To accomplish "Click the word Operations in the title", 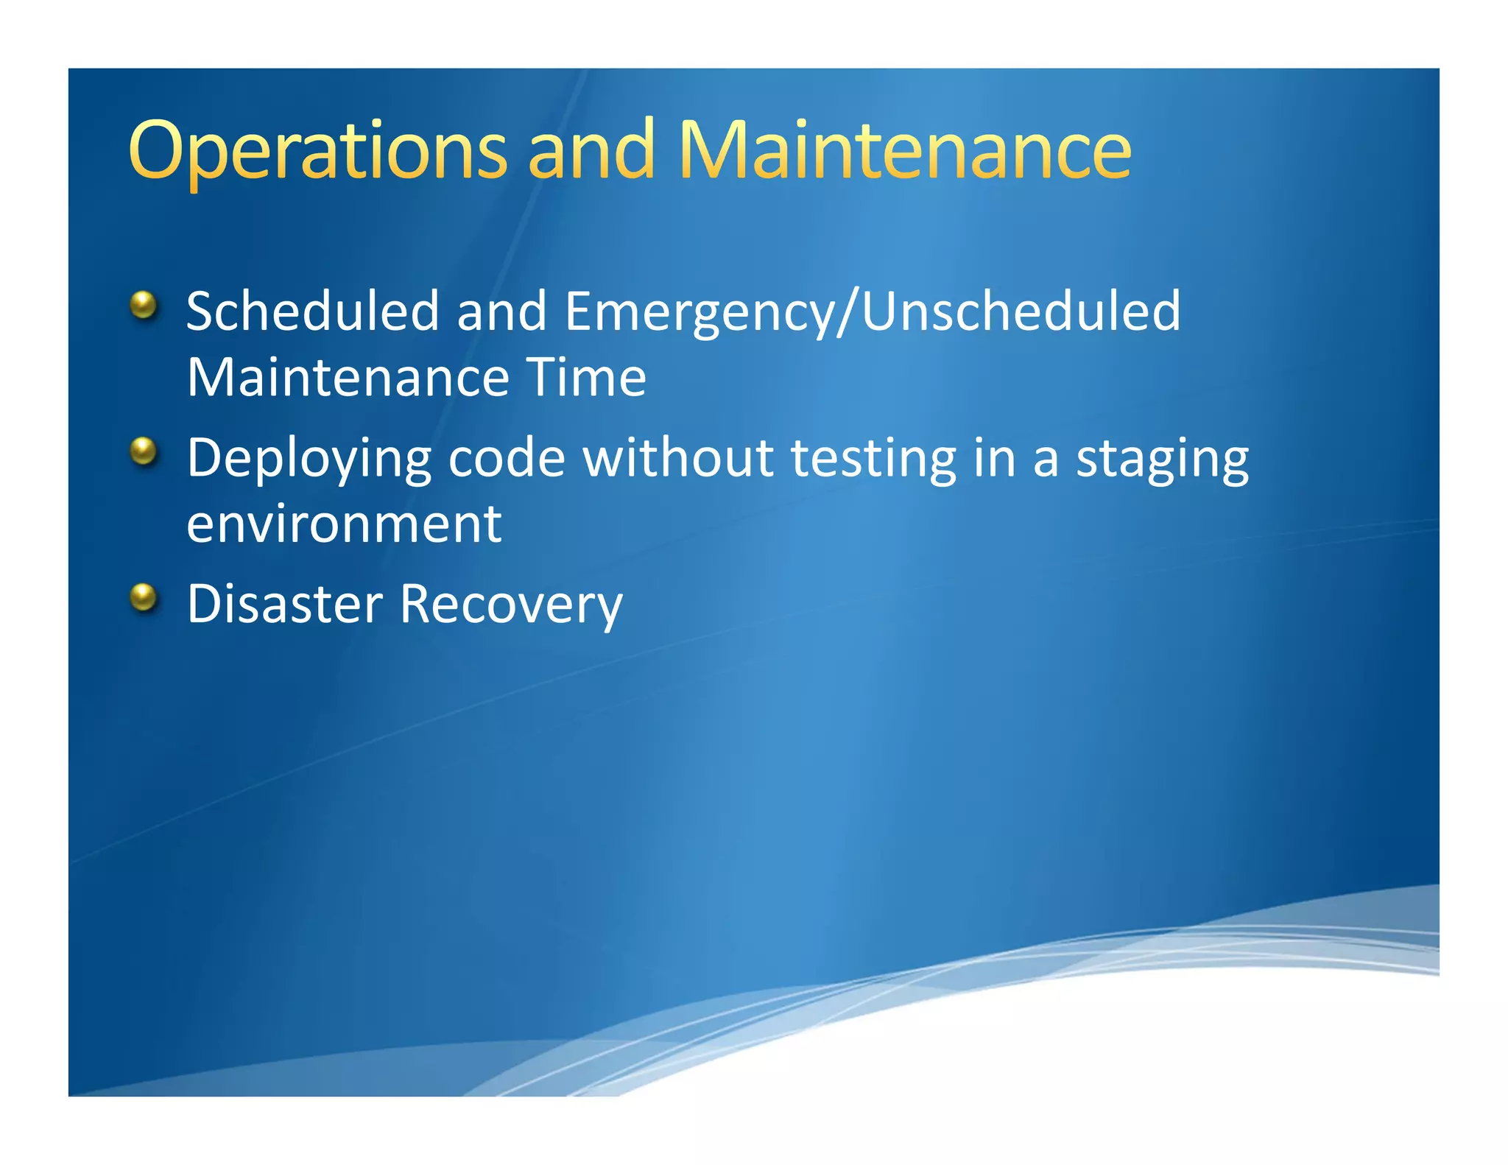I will (317, 151).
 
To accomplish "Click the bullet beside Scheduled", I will (144, 305).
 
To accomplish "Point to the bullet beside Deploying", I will (144, 451).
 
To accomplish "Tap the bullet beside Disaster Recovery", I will (144, 598).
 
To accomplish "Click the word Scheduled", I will (313, 312).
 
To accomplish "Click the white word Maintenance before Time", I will (348, 378).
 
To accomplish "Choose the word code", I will (507, 458).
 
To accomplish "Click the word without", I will (678, 458).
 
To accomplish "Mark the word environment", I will (344, 524).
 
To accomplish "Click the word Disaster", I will (284, 605).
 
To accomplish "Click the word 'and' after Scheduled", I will (501, 312).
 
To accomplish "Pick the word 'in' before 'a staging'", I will (995, 458).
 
